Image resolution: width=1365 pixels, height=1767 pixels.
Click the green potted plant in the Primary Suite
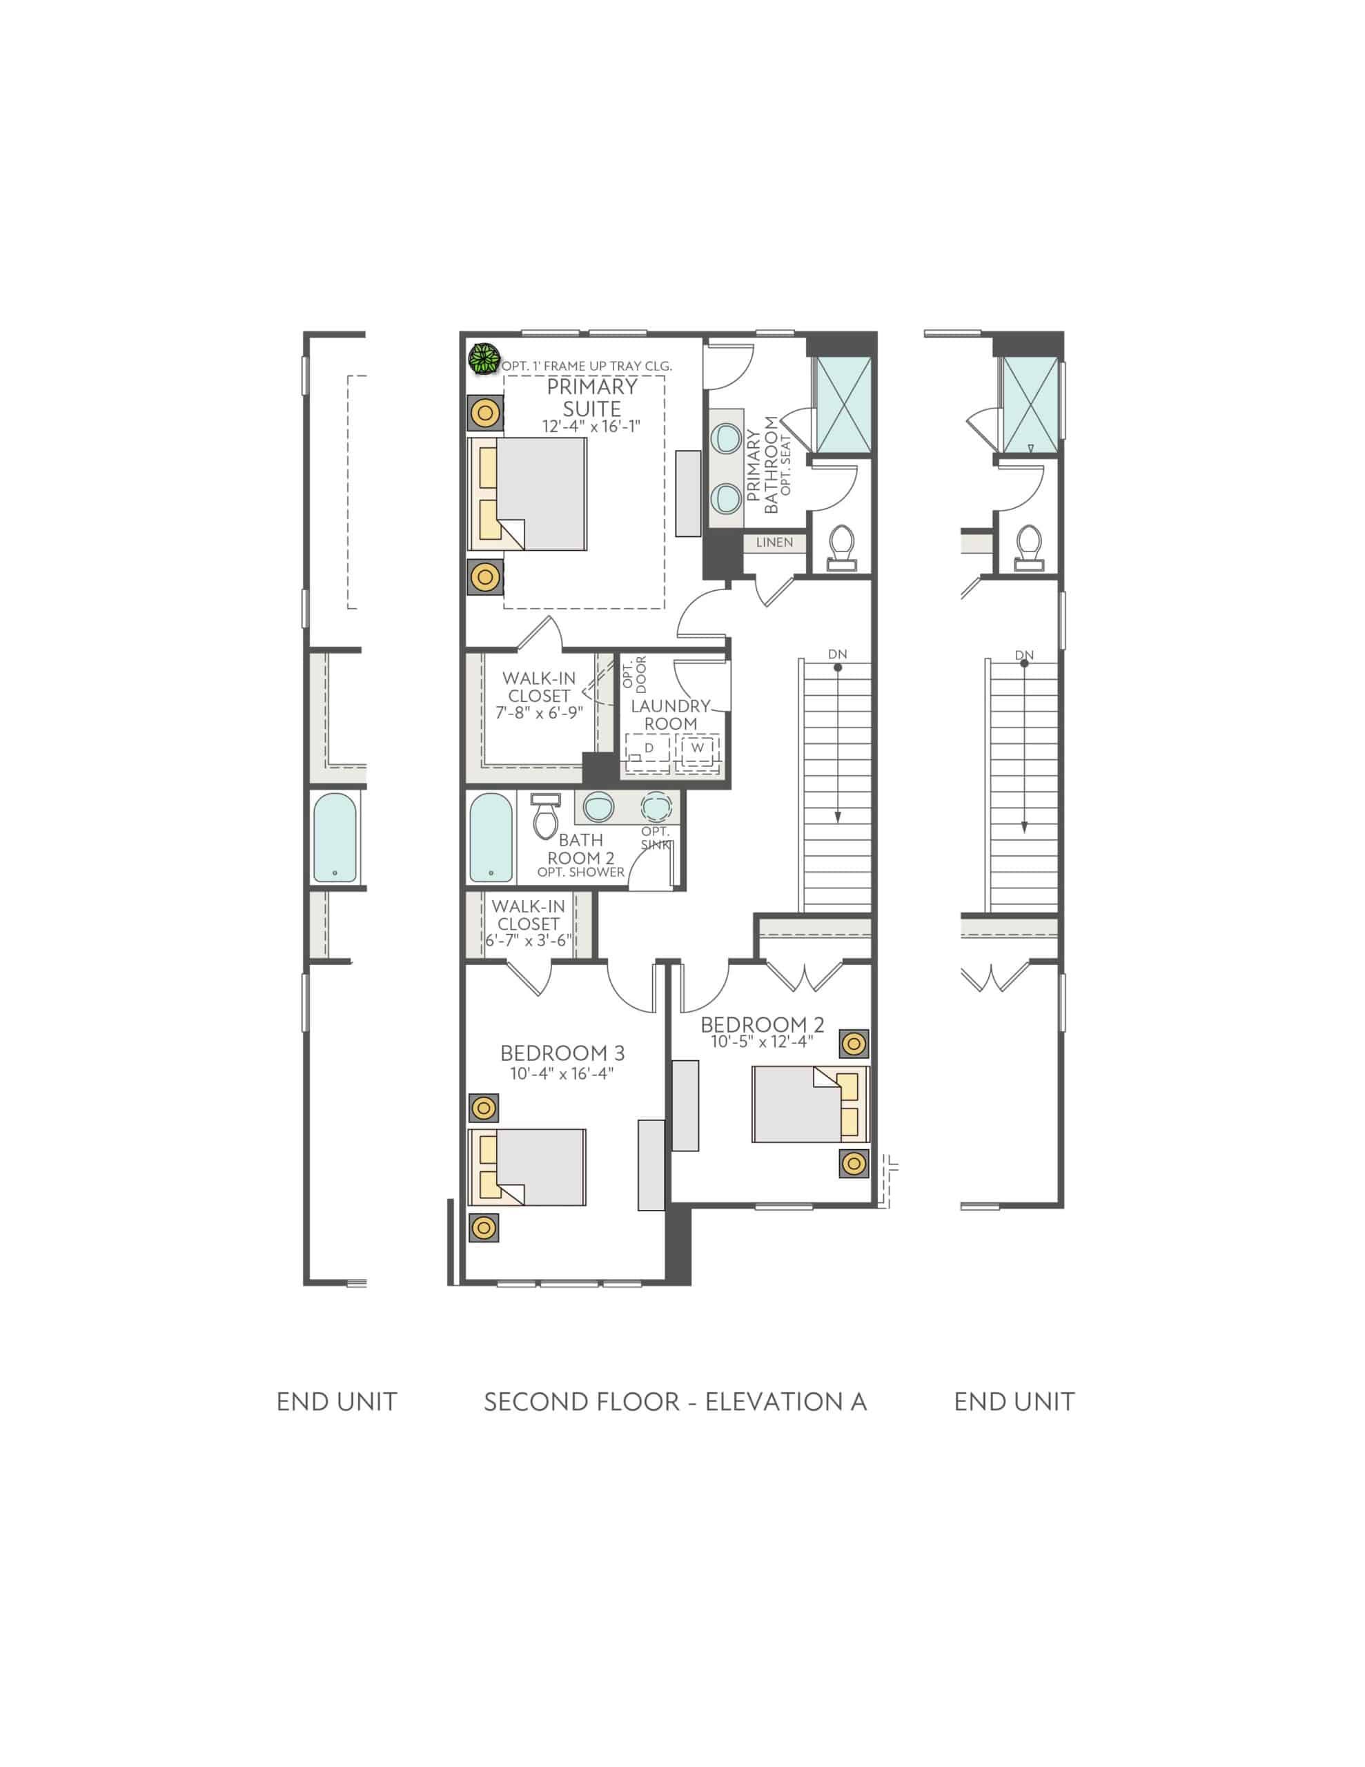484,359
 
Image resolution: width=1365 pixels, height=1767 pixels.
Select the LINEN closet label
774,542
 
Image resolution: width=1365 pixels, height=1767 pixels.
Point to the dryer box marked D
647,748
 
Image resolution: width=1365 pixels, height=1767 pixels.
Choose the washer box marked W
698,748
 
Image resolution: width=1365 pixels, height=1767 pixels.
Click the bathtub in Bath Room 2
491,837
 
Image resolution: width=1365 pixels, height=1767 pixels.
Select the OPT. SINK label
655,838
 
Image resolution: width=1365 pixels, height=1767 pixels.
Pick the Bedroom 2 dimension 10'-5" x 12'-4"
761,1042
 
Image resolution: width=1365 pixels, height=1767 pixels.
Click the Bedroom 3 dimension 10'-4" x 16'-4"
562,1073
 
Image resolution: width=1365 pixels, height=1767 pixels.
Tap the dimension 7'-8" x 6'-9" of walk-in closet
538,713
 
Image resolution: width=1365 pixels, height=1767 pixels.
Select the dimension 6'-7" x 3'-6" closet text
529,940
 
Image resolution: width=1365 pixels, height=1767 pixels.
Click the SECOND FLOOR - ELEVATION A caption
675,1402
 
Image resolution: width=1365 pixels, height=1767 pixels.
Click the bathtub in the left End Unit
334,837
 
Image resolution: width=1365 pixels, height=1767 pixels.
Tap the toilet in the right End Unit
1028,548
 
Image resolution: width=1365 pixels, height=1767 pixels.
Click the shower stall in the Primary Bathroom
843,404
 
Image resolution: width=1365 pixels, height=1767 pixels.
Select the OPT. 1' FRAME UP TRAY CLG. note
587,367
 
